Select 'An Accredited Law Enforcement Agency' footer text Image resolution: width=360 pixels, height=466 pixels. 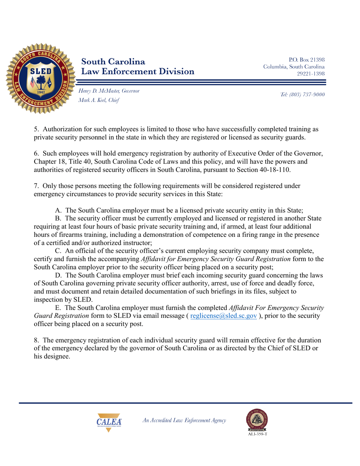[184, 420]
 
